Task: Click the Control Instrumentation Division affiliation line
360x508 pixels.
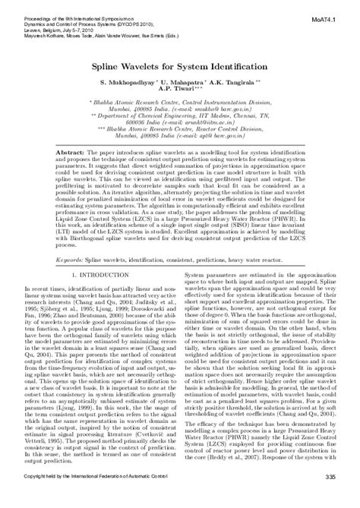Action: coord(180,100)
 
